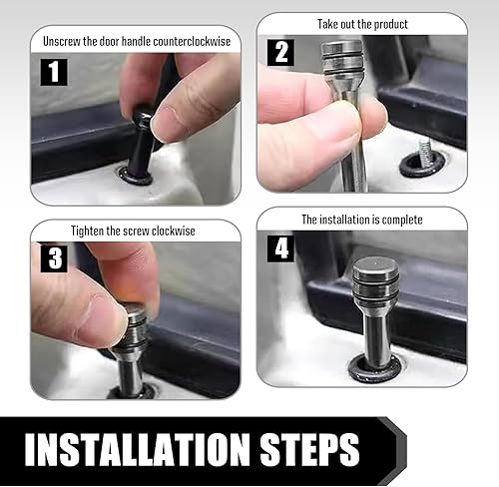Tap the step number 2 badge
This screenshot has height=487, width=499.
tap(280, 53)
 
